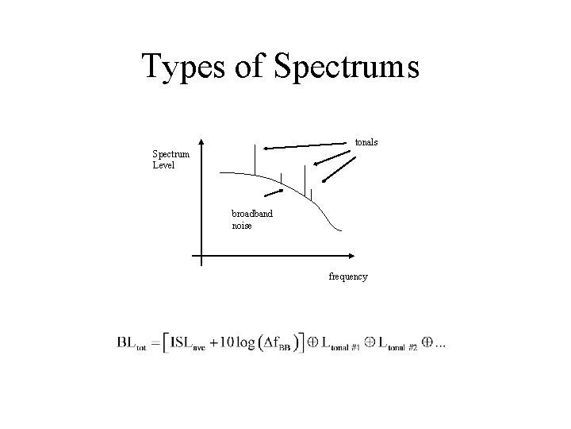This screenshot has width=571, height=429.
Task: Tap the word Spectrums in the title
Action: (346, 67)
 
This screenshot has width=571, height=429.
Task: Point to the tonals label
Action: (366, 142)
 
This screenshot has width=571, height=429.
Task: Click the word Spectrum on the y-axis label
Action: (171, 154)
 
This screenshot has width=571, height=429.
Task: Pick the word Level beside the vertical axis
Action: (163, 165)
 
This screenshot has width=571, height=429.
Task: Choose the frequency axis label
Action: (348, 276)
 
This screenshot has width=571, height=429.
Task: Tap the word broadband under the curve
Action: (252, 214)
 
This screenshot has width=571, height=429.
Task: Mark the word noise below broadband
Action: (243, 226)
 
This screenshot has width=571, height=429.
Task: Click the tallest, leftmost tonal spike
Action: (254, 160)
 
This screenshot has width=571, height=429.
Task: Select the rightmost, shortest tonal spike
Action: (311, 195)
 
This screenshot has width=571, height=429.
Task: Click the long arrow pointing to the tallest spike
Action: (309, 145)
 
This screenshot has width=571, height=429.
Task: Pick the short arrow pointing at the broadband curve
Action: (274, 192)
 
